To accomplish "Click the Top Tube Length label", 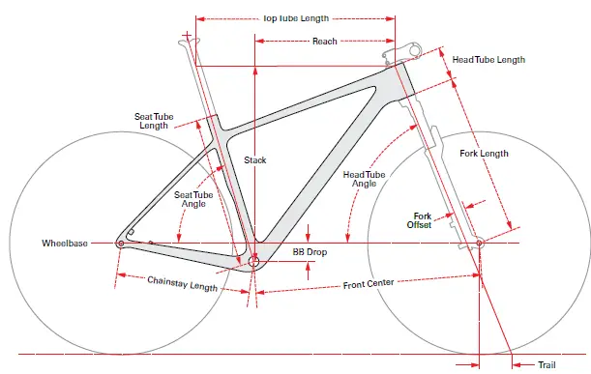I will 296,17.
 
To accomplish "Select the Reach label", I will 324,42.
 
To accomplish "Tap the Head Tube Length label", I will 488,60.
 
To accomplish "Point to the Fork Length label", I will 484,154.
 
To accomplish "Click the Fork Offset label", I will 423,220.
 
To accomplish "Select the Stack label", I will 254,159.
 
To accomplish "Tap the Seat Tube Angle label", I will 192,199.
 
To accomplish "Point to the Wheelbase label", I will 65,244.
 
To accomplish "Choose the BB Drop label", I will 311,251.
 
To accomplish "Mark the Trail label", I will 547,364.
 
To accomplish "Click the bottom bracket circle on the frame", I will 254,261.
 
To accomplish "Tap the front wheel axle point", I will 478,244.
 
